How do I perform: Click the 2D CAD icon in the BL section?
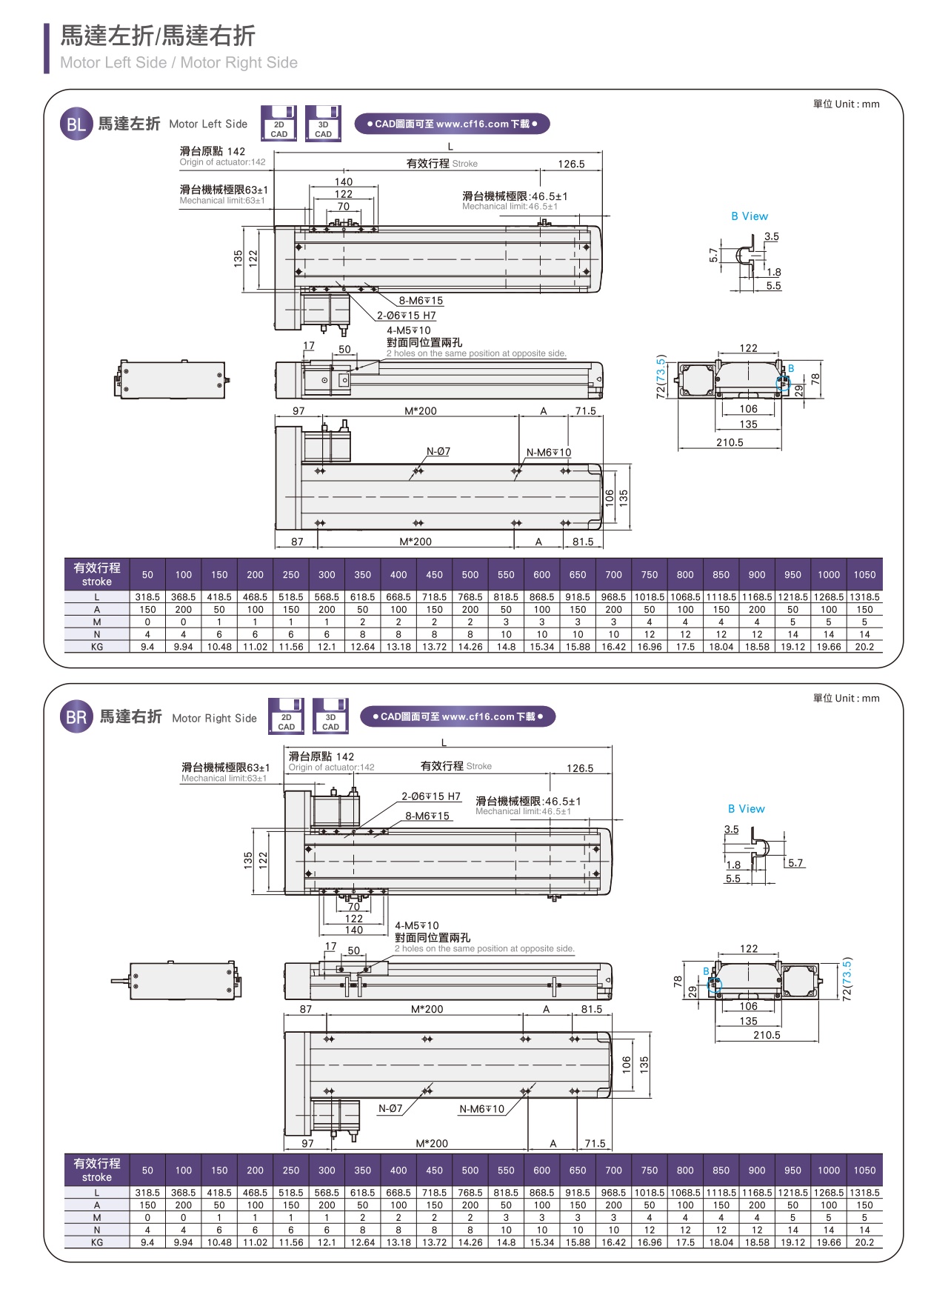(278, 124)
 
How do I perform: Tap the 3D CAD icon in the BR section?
(330, 716)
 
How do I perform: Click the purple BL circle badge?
(76, 124)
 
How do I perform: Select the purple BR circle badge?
(76, 717)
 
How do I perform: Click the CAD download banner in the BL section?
(452, 124)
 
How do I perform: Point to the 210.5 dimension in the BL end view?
(730, 442)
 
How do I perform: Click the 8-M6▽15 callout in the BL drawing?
(421, 301)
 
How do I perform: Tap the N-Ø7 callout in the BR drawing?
(390, 1108)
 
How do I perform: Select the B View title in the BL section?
(750, 216)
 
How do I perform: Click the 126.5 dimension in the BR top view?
(580, 768)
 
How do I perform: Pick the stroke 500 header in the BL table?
(470, 574)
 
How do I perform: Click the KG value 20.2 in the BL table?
(864, 647)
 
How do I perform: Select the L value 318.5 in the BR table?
(147, 1193)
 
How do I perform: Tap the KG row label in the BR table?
(97, 1242)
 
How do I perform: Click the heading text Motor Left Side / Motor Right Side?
(178, 63)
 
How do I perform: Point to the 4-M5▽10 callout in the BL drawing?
(408, 330)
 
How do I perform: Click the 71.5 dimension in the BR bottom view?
(595, 1143)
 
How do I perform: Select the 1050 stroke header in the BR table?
(864, 1171)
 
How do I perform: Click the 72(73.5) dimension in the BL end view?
(661, 376)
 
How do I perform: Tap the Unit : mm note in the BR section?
(846, 698)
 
